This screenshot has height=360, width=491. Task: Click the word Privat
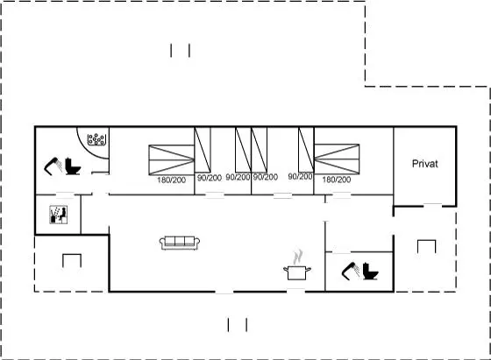click(x=424, y=164)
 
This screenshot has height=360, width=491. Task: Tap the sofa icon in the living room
click(x=180, y=243)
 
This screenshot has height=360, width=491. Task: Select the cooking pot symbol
click(x=297, y=272)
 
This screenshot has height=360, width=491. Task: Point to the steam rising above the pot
click(x=298, y=257)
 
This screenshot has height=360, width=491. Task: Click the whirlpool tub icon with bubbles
click(x=96, y=139)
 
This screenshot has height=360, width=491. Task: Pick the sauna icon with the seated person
click(x=58, y=215)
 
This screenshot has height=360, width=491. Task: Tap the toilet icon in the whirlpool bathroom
click(x=73, y=166)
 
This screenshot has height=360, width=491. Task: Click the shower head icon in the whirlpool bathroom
click(x=53, y=166)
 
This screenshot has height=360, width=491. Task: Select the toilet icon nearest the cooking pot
click(x=370, y=272)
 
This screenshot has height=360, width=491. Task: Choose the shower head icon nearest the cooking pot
click(x=351, y=272)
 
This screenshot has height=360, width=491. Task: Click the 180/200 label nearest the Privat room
click(x=337, y=180)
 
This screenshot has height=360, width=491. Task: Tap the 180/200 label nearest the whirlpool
click(x=171, y=180)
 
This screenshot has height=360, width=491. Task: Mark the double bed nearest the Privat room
click(x=337, y=159)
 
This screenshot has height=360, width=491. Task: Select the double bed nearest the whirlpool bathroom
click(x=172, y=159)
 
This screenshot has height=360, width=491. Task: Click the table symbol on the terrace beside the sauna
click(x=72, y=260)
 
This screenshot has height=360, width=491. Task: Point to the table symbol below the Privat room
click(x=426, y=246)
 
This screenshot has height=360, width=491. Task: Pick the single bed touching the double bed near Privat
click(x=306, y=150)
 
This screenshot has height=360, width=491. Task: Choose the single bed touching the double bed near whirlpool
click(x=203, y=150)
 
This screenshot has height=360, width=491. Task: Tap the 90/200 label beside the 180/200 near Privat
click(x=300, y=177)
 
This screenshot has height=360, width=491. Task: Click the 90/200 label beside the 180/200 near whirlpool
click(x=210, y=178)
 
